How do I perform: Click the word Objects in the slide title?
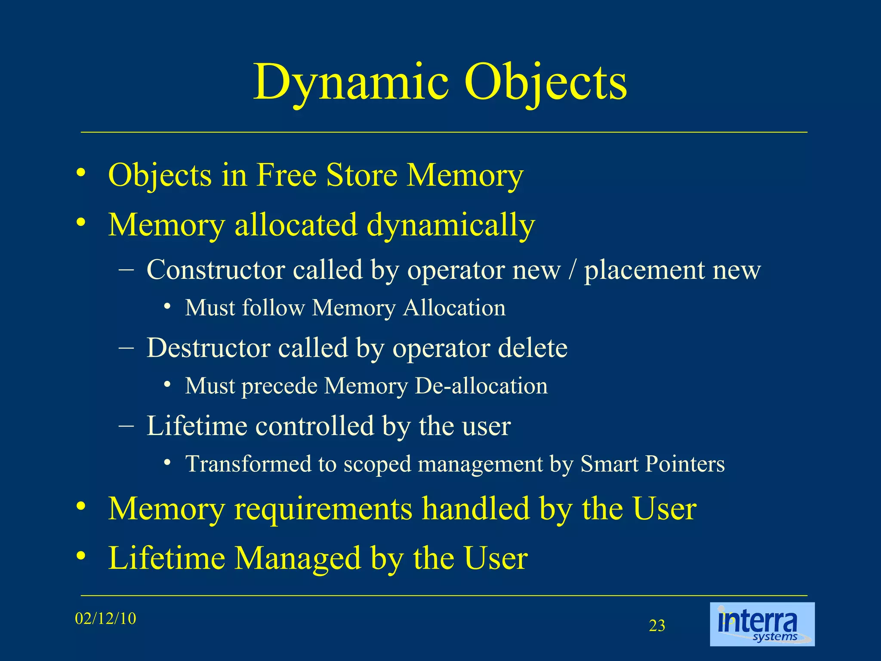545,83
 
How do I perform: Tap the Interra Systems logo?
762,624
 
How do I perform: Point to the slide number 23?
657,626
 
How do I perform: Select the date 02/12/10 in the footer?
105,619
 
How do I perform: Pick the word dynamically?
450,225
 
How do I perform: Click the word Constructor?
216,270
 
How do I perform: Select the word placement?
644,271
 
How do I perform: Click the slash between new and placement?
572,271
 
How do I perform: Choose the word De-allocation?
481,386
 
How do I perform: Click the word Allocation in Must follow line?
454,308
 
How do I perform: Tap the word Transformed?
248,464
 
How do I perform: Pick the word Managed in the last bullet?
298,558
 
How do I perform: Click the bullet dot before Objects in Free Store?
81,173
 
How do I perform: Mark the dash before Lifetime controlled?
126,426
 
